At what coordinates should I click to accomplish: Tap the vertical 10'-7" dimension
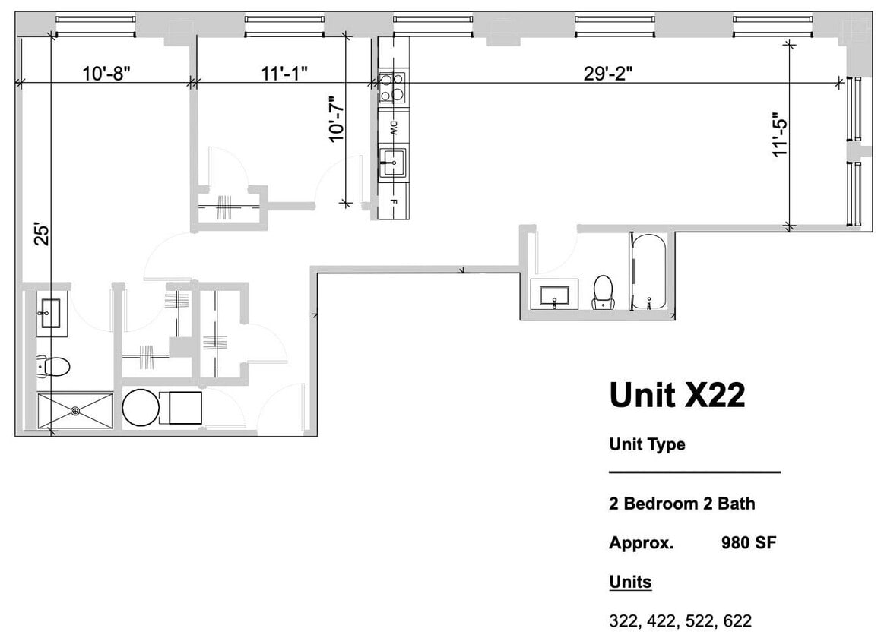point(336,118)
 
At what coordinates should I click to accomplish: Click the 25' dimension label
point(42,233)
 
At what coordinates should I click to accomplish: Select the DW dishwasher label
point(393,128)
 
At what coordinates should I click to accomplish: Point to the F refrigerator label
point(393,202)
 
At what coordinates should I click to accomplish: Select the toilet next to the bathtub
point(603,292)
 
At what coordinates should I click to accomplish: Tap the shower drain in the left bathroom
point(75,411)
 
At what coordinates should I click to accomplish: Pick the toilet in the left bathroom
point(52,368)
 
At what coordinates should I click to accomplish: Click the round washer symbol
point(140,408)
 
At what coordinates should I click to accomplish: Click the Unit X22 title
point(677,395)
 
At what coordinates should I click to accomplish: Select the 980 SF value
point(748,543)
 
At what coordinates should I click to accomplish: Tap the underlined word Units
point(630,582)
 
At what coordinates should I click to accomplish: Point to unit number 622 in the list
point(737,620)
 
